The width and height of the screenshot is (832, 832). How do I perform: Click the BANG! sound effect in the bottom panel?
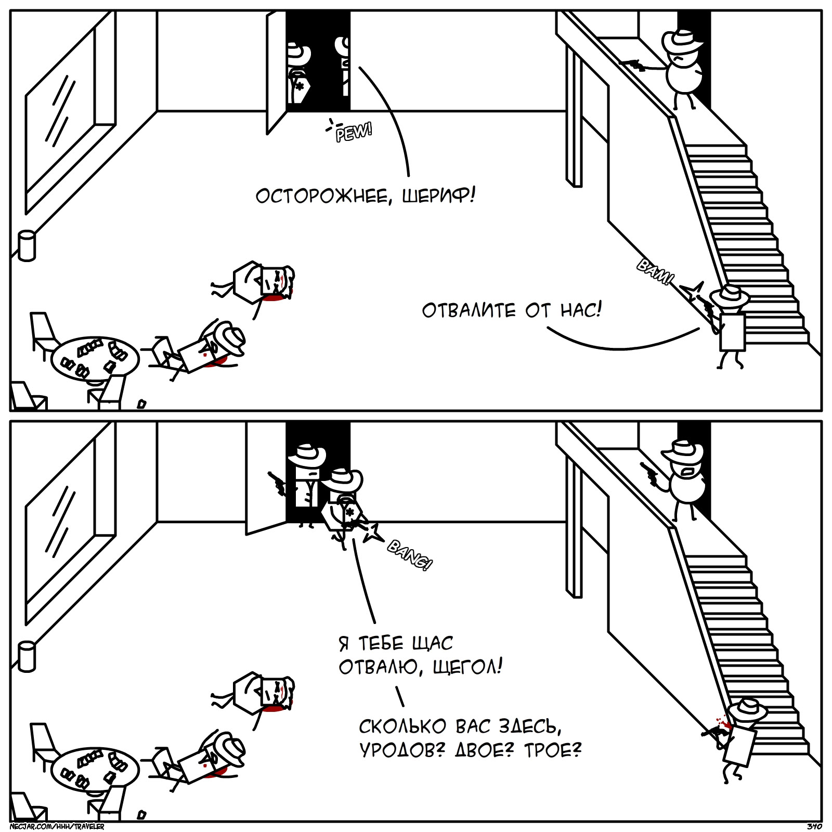[410, 555]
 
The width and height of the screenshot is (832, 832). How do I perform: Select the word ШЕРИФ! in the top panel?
[438, 196]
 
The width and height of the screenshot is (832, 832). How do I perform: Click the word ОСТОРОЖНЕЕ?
[322, 197]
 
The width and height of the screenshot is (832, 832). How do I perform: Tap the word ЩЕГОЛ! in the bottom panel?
[467, 666]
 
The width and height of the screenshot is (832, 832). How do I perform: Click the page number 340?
[814, 826]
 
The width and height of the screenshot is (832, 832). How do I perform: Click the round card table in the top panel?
[95, 359]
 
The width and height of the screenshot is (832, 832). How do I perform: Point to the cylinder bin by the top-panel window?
[27, 245]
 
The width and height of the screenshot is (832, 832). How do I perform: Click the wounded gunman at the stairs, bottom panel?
[741, 738]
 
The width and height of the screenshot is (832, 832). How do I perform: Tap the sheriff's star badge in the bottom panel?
[349, 513]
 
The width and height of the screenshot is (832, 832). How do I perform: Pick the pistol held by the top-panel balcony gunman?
[635, 64]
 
